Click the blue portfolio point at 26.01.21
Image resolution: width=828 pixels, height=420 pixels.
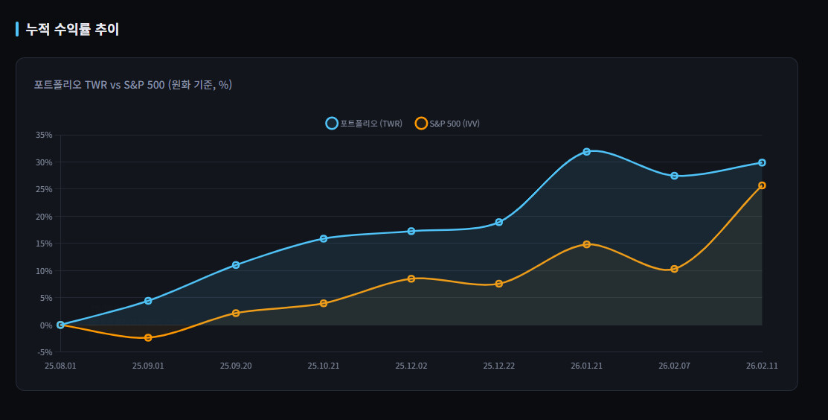[x=586, y=152]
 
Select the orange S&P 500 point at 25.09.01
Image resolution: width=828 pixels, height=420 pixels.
[x=148, y=337]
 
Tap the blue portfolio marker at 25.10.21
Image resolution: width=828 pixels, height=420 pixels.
[x=324, y=239]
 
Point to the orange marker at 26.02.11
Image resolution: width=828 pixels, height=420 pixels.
[x=762, y=185]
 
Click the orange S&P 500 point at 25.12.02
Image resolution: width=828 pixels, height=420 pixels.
[x=411, y=279]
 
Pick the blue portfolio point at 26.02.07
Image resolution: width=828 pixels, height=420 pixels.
[x=674, y=176]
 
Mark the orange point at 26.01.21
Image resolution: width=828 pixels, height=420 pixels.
[x=586, y=244]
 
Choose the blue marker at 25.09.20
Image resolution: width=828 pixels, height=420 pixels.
[x=236, y=265]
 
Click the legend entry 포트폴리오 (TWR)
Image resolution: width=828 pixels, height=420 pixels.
[x=365, y=124]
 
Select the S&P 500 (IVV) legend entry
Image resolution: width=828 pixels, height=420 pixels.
[x=447, y=124]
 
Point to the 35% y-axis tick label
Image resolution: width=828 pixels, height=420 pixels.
[x=44, y=135]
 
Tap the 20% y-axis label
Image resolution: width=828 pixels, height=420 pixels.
[x=44, y=217]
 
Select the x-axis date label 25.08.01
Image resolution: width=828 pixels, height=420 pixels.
[x=60, y=366]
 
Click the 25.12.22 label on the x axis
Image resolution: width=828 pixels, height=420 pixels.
[x=498, y=366]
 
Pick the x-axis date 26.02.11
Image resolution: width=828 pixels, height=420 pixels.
[x=762, y=366]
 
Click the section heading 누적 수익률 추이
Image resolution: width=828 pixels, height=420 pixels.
[x=72, y=30]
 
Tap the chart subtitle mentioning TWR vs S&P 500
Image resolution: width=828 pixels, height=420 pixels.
[x=133, y=85]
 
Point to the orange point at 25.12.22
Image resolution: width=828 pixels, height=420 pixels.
[x=498, y=284]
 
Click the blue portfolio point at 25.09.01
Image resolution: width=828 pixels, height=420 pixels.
[x=148, y=301]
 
